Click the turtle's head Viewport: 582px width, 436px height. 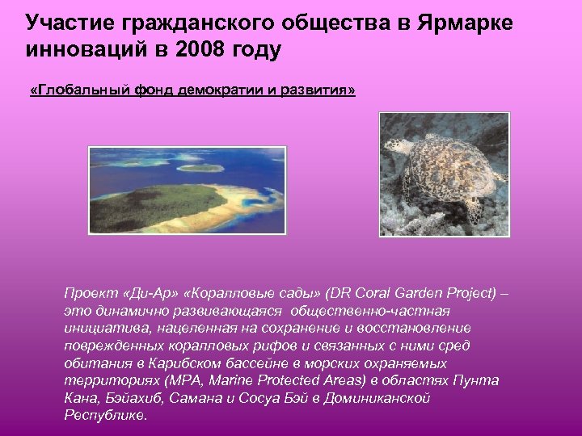(398, 148)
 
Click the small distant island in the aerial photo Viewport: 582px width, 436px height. (200, 167)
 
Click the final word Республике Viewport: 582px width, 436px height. (105, 416)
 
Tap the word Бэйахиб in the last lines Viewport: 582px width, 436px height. (122, 398)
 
